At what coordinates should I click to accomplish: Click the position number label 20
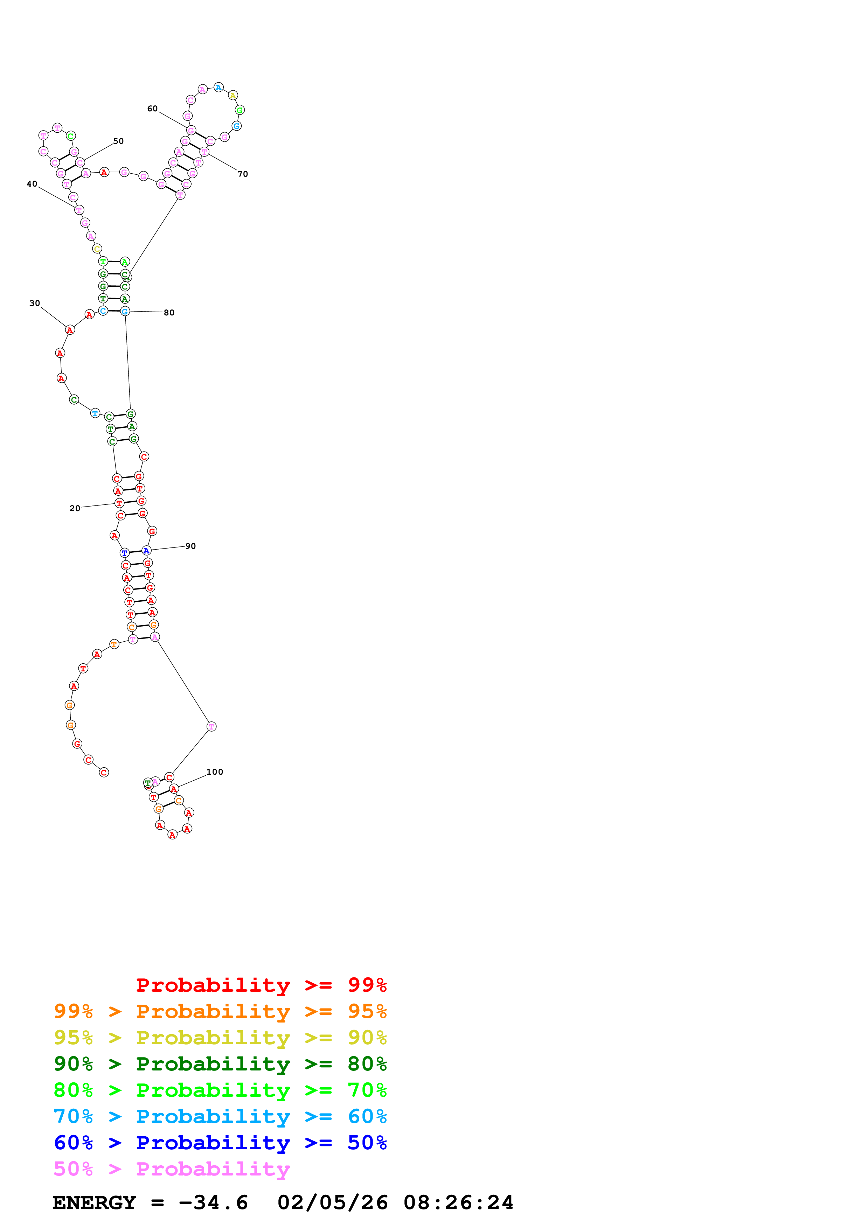[75, 508]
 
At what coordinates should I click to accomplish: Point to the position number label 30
[35, 303]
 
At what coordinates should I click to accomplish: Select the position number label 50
[118, 141]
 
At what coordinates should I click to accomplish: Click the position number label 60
[152, 109]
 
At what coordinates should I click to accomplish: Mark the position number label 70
[243, 174]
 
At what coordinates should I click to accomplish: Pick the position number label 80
[169, 313]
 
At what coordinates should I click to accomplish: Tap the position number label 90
[190, 546]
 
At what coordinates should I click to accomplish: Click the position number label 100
[214, 772]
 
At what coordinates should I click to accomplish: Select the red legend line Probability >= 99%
[261, 985]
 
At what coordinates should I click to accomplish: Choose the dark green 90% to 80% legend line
[220, 1064]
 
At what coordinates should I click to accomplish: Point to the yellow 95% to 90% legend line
[220, 1038]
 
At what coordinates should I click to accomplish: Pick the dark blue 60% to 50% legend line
[220, 1143]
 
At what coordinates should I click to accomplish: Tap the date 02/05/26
[333, 1202]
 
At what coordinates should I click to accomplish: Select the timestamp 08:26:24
[458, 1202]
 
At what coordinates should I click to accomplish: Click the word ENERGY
[94, 1202]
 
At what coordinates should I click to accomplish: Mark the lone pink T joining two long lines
[211, 726]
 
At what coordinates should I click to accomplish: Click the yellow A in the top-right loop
[232, 96]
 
